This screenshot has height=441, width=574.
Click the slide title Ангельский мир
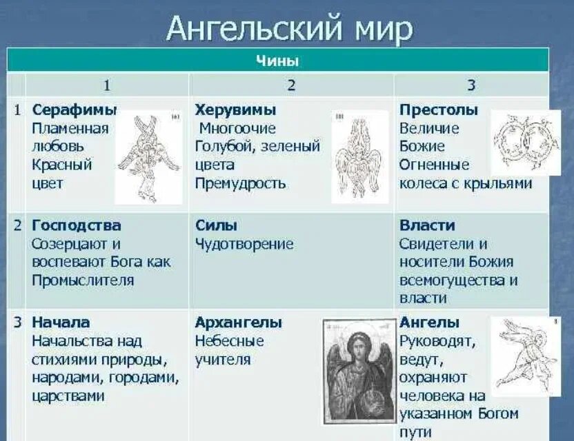coord(290,28)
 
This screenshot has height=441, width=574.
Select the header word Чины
coord(277,61)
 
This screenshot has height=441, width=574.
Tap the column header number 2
coord(291,85)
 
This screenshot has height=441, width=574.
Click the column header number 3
coord(471,85)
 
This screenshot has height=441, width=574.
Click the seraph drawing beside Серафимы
coord(148,157)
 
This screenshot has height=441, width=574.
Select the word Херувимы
coord(235,110)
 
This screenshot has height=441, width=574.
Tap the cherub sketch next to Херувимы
coord(359,157)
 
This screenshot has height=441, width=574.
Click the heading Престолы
coord(439,110)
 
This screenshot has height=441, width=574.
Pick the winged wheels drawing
coord(526,143)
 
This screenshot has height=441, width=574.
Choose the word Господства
coord(76,225)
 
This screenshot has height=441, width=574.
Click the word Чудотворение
coord(244,244)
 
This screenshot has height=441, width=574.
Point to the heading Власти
coord(427,225)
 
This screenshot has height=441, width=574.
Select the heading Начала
coord(61,322)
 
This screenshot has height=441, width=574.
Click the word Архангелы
coord(238,322)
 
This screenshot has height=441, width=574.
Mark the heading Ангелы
coord(429,322)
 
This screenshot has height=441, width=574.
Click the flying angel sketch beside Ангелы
coord(526,356)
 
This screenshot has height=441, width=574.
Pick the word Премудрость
coord(240,183)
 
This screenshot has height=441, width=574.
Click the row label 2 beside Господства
coord(17,225)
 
